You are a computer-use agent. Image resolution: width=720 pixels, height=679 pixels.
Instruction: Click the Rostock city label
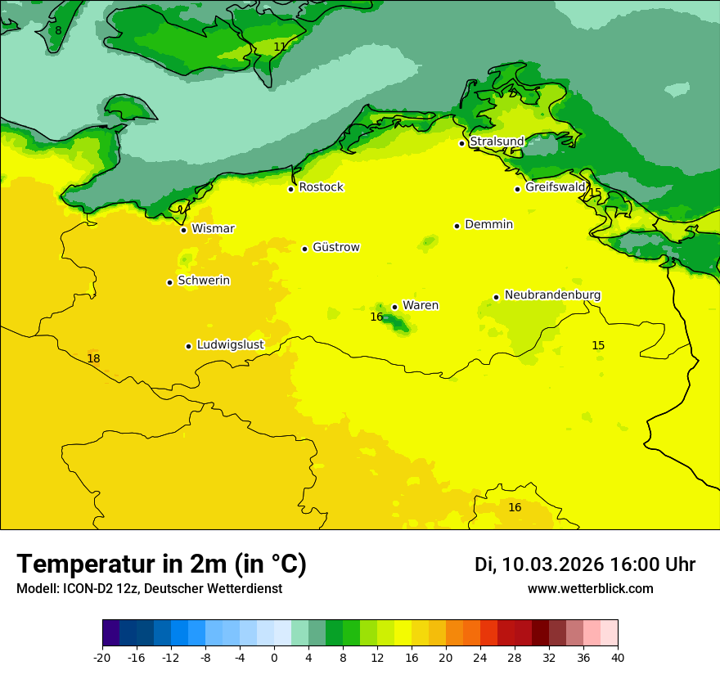[x=321, y=187]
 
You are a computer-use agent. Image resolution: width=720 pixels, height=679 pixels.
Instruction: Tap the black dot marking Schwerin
[x=169, y=282]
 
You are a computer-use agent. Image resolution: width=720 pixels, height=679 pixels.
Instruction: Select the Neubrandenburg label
[x=552, y=295]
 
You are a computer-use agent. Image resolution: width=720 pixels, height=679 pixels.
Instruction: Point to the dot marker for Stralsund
[x=461, y=143]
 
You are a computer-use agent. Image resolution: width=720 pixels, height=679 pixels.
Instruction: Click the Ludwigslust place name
[x=230, y=345]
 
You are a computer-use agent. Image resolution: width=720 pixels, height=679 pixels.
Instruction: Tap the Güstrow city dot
[x=304, y=249]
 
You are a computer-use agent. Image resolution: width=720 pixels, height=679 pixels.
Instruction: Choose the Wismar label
[x=213, y=229]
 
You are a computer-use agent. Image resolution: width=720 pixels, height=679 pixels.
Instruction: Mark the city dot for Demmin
[x=457, y=226]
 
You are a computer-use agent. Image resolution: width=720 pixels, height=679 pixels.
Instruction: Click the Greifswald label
[x=555, y=187]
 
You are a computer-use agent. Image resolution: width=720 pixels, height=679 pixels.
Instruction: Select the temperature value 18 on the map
[x=93, y=359]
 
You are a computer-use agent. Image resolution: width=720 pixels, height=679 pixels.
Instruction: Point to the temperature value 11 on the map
[x=280, y=47]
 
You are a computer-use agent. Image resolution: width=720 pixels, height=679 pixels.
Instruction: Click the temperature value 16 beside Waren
[x=376, y=317]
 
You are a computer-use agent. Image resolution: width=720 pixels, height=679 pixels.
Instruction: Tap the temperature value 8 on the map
[x=58, y=31]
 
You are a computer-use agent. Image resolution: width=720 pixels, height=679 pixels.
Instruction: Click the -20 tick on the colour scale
[x=102, y=658]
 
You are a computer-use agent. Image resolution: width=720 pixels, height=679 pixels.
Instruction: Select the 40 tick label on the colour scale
[x=618, y=658]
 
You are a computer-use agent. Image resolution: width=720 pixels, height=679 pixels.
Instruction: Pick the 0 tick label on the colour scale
[x=274, y=658]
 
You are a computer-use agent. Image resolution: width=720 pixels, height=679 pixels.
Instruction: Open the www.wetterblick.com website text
[x=590, y=589]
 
